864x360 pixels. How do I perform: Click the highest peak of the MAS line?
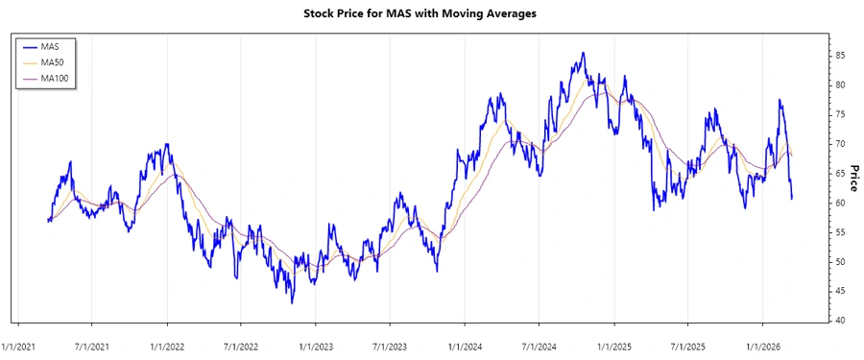583,53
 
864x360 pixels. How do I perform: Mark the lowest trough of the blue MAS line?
292,302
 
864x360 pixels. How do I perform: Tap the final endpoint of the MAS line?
792,199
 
